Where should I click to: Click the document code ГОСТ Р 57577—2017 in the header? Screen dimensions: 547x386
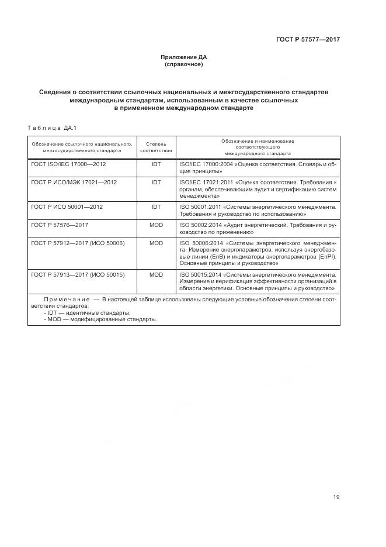click(308, 40)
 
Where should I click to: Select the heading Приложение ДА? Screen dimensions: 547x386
click(184, 57)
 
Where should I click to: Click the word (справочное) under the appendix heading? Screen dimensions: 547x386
click(184, 64)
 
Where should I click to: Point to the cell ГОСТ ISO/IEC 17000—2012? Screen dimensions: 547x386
click(68, 164)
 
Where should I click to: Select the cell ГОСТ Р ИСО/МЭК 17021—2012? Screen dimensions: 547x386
click(74, 182)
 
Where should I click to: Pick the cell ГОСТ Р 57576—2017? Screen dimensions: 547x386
click(59, 225)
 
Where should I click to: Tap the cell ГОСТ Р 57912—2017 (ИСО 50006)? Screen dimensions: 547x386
click(78, 242)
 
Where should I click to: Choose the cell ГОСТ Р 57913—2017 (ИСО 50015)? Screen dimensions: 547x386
click(78, 274)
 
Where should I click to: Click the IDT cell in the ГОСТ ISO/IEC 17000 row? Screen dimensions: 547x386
click(156, 164)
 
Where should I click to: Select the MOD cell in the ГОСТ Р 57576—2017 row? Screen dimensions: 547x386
click(156, 225)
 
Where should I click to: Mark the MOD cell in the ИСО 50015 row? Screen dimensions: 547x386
click(156, 274)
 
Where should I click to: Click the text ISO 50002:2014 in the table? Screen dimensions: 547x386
click(197, 225)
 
